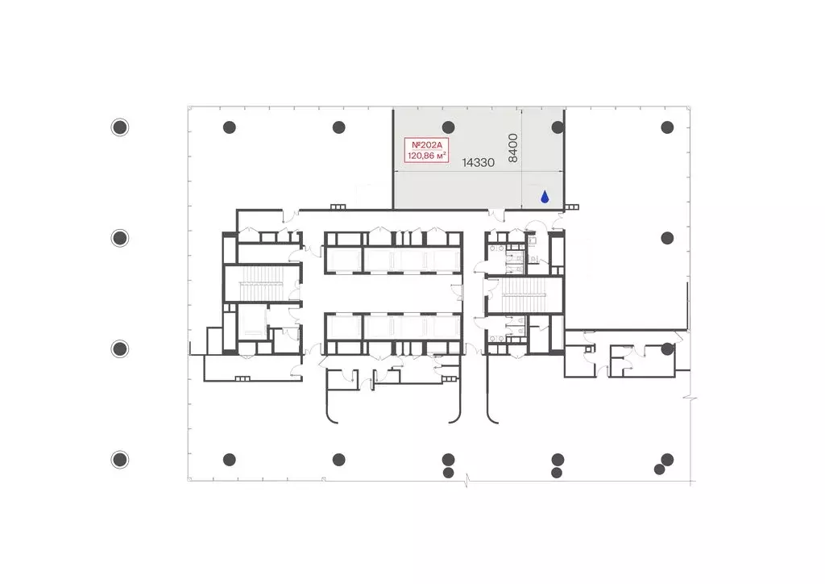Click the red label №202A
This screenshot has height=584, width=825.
tap(426, 145)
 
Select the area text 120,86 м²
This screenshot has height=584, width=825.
tap(427, 156)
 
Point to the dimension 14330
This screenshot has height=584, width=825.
tap(479, 163)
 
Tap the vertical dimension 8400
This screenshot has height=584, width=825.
tap(513, 148)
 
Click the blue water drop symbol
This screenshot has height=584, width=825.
tap(545, 197)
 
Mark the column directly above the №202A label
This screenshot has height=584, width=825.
tap(448, 127)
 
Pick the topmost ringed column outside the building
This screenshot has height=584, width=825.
tap(120, 127)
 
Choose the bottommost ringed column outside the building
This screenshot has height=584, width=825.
tap(120, 460)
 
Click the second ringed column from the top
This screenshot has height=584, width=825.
tap(120, 238)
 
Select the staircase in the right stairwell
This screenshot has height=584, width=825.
tap(524, 295)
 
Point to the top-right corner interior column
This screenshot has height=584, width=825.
tap(667, 127)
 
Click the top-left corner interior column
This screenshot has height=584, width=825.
tap(230, 127)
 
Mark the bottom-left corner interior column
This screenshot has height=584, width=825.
tap(230, 460)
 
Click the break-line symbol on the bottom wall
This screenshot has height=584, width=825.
tap(466, 480)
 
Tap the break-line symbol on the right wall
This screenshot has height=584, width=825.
tap(690, 398)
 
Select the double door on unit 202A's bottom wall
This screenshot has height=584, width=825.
tap(496, 213)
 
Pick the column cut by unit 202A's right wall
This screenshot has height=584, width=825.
tap(558, 127)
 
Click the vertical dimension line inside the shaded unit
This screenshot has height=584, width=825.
tap(521, 159)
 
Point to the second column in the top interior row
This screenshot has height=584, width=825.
tap(339, 127)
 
